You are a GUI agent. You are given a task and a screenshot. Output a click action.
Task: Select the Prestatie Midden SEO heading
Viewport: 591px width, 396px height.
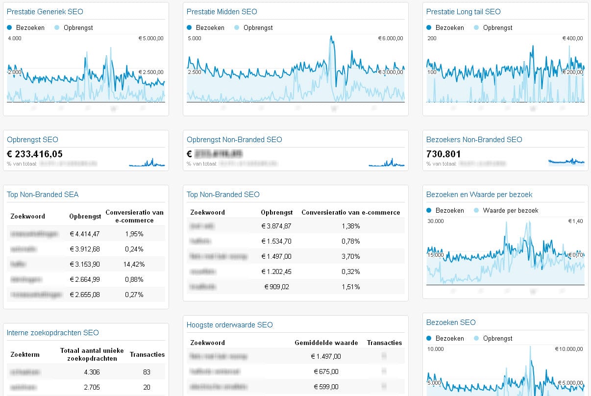222,11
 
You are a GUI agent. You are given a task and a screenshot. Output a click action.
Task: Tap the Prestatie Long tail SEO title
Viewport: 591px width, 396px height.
463,11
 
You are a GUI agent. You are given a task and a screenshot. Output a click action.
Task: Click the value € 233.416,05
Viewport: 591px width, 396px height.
35,154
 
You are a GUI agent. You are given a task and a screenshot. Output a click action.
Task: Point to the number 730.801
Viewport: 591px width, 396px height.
443,154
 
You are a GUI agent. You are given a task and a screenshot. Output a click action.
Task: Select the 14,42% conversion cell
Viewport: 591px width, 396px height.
134,264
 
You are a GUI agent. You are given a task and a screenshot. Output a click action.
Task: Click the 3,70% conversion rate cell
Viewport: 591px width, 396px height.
350,256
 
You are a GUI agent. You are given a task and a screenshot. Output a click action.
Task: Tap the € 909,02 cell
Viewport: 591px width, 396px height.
277,287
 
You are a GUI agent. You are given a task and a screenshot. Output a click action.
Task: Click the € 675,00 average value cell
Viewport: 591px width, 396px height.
326,371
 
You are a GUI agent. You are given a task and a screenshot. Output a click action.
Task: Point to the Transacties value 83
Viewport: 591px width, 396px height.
147,372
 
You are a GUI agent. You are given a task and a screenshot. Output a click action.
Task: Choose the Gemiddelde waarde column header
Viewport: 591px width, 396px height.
326,343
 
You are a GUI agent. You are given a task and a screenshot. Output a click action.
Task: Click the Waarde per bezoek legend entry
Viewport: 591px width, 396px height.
510,210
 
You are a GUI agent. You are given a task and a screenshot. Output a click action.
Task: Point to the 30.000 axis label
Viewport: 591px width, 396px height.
436,221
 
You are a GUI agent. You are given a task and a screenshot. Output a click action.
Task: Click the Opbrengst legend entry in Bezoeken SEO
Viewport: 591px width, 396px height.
497,338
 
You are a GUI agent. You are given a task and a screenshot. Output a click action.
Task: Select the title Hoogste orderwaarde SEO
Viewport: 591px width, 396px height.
229,324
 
